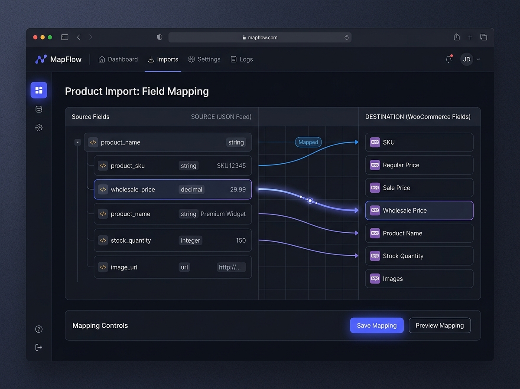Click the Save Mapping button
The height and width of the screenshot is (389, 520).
377,325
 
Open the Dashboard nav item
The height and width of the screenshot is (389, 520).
118,59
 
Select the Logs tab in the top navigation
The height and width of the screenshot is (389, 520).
242,59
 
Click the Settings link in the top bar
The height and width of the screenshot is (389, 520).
204,59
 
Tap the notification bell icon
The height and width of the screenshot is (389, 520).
448,59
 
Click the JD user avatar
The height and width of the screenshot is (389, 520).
466,59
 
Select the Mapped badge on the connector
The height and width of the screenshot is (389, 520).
308,142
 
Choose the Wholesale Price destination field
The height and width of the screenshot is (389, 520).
419,211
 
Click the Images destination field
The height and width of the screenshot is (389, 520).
419,279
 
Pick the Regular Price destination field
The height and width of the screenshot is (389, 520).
419,165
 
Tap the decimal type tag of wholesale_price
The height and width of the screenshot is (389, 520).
192,189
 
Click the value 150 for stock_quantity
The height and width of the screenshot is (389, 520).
240,241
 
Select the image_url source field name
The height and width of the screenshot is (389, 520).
124,267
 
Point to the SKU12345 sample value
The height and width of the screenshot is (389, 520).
231,166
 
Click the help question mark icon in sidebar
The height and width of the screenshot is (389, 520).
39,329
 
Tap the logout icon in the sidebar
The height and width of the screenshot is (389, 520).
39,347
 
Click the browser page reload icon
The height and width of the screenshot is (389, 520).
346,37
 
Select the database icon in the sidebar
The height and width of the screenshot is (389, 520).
39,109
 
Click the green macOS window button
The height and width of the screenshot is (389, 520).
50,37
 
